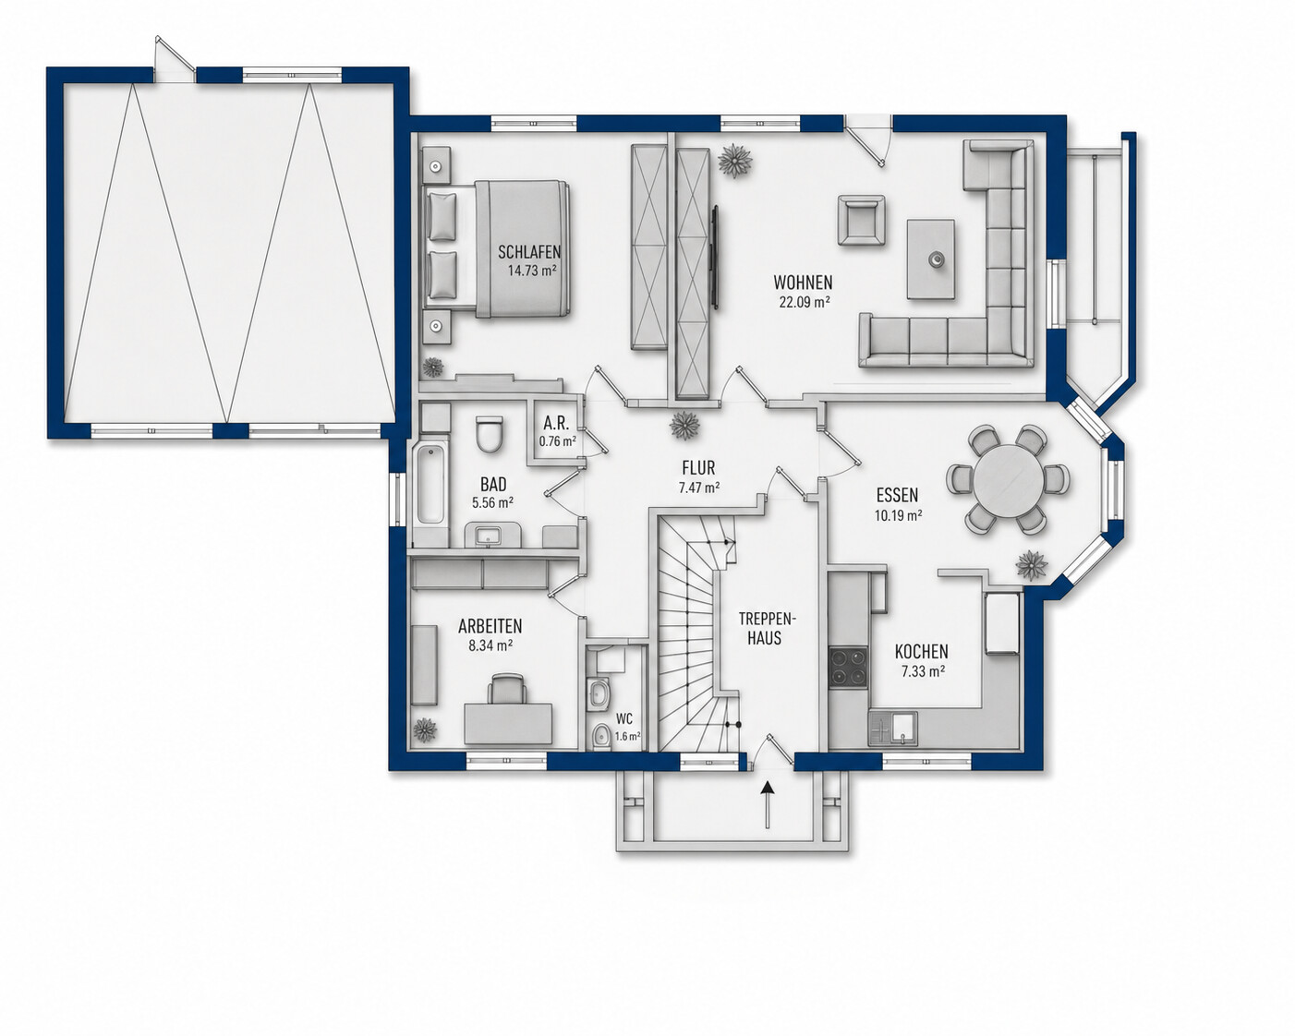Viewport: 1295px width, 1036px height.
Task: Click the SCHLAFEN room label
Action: point(529,251)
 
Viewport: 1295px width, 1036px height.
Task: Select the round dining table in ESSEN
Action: point(1008,479)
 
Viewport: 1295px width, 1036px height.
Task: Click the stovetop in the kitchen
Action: point(849,668)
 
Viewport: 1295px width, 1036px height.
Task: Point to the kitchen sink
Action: point(892,728)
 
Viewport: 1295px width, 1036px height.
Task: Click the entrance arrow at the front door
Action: point(768,804)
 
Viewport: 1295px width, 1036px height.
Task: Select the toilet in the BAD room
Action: point(489,434)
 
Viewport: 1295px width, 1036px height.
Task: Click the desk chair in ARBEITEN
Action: point(507,689)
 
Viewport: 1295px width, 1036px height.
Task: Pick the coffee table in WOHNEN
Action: point(931,259)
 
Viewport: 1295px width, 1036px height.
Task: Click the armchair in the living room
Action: point(861,220)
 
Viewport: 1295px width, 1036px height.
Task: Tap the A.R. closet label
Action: point(555,421)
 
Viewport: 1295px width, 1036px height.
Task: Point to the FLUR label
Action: point(698,467)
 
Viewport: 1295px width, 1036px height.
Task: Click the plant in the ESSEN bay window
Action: point(1032,565)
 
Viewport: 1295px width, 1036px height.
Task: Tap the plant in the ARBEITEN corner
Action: point(425,729)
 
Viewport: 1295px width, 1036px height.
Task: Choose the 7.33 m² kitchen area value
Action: point(923,670)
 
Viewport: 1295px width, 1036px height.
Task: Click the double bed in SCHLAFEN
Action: point(497,247)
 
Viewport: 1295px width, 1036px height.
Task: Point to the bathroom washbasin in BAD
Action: point(486,535)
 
